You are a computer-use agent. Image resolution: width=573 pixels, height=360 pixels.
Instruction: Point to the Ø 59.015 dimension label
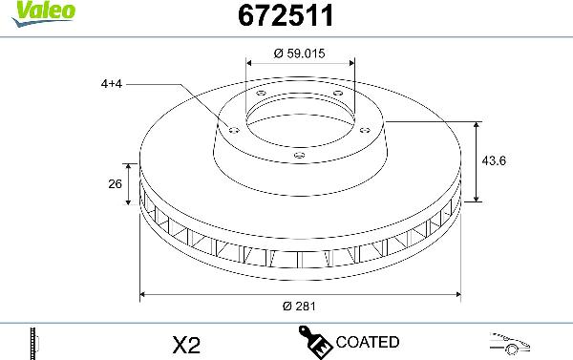coord(299,54)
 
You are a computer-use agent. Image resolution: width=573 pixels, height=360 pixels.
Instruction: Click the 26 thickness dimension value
coord(117,185)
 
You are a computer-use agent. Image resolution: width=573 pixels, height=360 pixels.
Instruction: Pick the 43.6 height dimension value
coord(494,160)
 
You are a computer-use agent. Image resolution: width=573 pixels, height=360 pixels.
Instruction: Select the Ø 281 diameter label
coord(299,307)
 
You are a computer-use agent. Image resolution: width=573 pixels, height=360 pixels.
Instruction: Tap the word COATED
coord(367,341)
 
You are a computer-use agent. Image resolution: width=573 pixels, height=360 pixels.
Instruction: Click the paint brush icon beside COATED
coord(316,341)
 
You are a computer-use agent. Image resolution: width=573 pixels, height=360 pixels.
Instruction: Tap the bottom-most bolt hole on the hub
coord(298,156)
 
